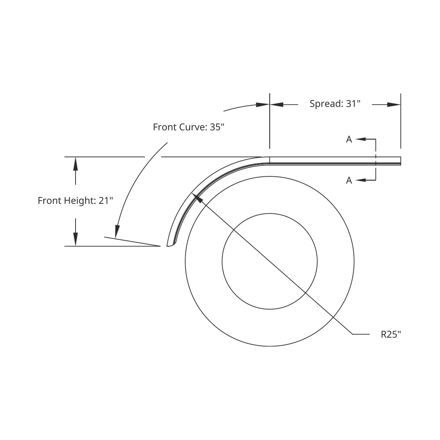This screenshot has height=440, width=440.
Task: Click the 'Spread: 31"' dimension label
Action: point(335,104)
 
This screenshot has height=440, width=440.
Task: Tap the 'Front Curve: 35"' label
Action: point(188,127)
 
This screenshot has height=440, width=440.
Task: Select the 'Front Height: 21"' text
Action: point(76,201)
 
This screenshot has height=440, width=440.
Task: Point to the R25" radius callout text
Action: point(391,334)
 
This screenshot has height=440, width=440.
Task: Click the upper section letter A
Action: point(349,139)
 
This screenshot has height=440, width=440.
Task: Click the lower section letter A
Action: point(349,180)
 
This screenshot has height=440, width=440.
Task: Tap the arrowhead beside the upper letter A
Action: point(361,139)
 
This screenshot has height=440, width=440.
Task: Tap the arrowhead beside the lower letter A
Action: point(361,180)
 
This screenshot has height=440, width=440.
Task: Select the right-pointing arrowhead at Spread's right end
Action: point(394,105)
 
